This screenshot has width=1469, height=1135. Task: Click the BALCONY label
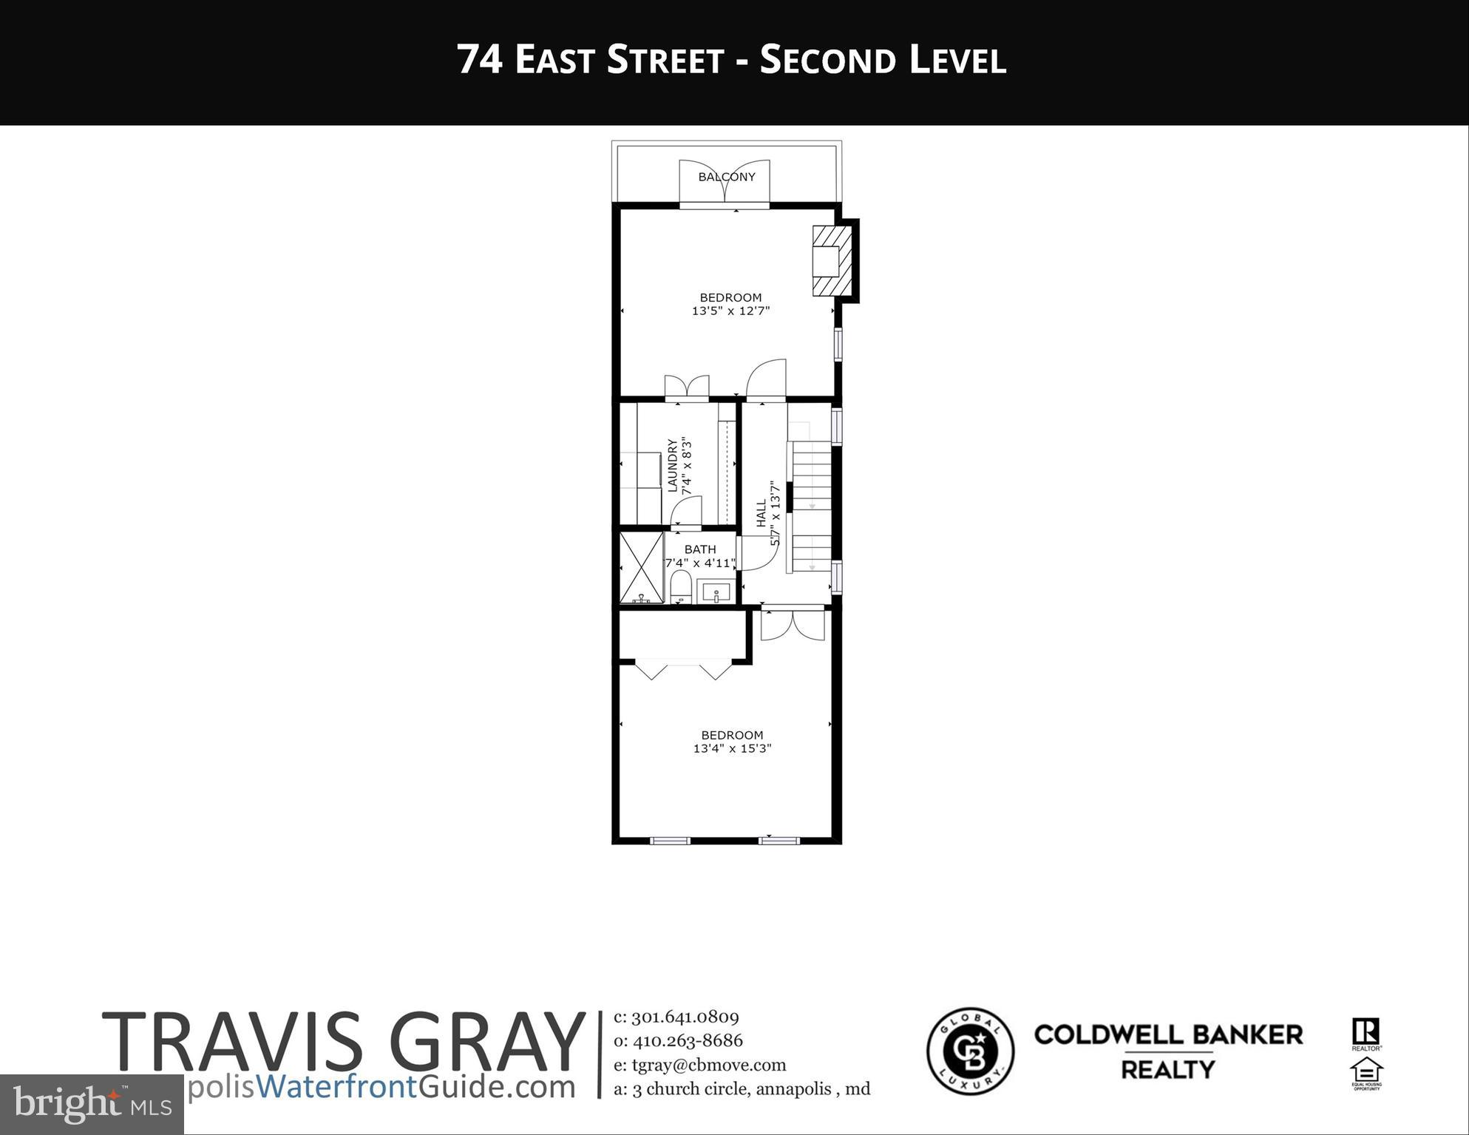(x=727, y=177)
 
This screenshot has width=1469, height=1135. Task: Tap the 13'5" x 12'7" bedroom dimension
(x=730, y=311)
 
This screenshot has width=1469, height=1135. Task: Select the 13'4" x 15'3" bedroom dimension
(x=732, y=748)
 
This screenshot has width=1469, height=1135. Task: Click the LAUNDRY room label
(x=672, y=466)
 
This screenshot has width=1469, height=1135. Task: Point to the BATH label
(x=699, y=549)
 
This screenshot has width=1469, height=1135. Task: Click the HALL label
(x=761, y=513)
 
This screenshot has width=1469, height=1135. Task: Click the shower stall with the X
(x=642, y=567)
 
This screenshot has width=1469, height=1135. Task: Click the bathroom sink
(x=716, y=593)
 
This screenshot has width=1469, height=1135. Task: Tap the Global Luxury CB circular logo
(x=970, y=1050)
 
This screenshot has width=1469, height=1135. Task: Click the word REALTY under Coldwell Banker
(x=1167, y=1070)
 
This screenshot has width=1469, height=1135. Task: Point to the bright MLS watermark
(x=92, y=1105)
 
